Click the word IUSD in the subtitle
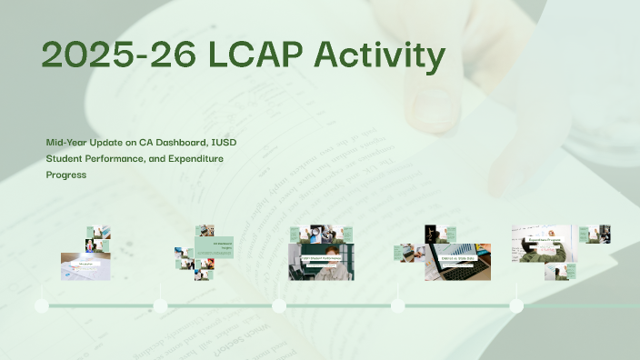coord(230,143)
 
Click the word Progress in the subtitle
coord(66,175)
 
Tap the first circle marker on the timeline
coord(42,305)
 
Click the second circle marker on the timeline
coord(161,305)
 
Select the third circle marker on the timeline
coord(279,305)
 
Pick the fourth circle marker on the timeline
coord(397,305)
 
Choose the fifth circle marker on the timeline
coord(516,305)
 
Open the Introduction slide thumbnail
coord(85,265)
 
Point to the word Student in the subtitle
coord(67,159)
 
